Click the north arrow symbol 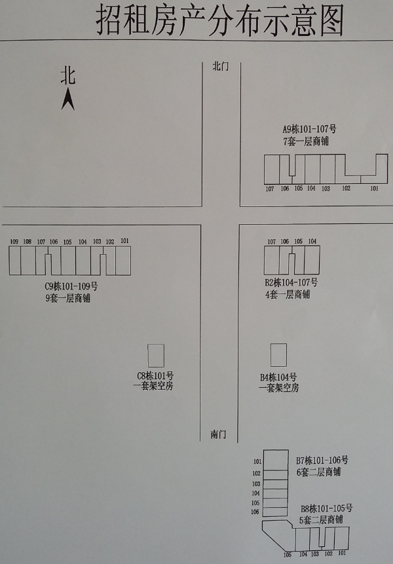68,100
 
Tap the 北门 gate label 221,66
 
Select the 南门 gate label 218,434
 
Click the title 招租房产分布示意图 219,20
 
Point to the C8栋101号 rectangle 156,356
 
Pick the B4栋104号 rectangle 278,354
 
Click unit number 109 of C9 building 14,242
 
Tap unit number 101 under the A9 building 374,188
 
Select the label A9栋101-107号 310,129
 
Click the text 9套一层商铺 67,298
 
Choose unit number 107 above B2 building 271,242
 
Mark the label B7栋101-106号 322,460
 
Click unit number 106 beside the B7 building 255,512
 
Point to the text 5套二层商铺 321,519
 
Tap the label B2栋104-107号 291,282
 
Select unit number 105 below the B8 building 288,555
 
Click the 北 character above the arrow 68,76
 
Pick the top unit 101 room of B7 276,460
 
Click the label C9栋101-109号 71,286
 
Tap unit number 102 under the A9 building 346,188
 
